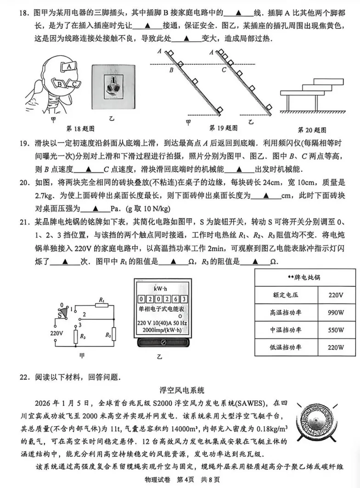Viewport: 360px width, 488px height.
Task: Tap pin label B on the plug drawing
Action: pos(61,84)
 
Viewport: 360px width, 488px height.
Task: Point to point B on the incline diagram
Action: pos(171,70)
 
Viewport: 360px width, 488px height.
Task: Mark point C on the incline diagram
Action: pos(224,70)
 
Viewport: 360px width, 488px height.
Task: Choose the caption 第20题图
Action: pos(312,130)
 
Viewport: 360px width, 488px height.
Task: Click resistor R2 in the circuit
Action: pos(114,334)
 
